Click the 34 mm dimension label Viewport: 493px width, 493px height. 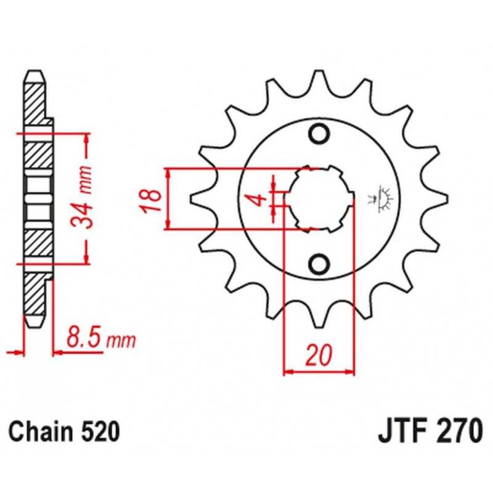(x=81, y=197)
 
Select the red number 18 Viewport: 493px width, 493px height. (x=151, y=201)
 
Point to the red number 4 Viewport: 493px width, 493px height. (x=259, y=200)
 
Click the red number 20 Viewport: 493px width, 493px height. (x=319, y=355)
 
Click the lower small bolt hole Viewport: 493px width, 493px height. (x=319, y=264)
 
